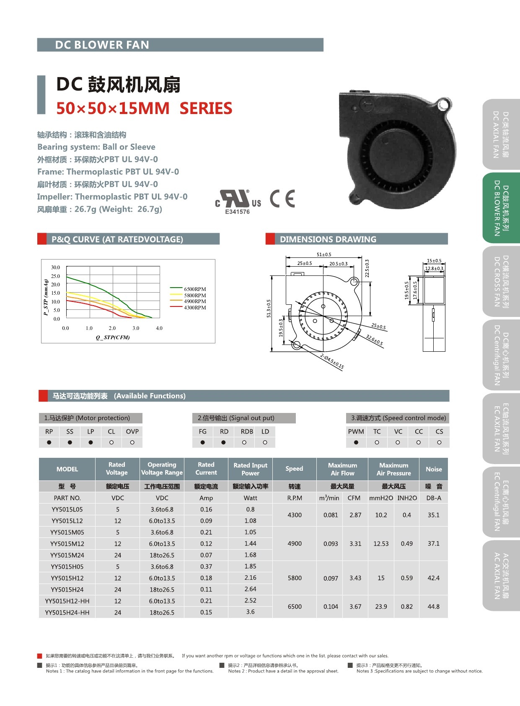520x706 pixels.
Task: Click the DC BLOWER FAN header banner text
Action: pyautogui.click(x=102, y=45)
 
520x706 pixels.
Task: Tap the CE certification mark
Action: pyautogui.click(x=282, y=199)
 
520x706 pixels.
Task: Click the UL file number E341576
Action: pyautogui.click(x=237, y=212)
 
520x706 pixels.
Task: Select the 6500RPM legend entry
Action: pyautogui.click(x=195, y=289)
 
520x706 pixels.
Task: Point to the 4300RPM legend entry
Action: pyautogui.click(x=195, y=308)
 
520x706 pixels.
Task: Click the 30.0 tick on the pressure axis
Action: pyautogui.click(x=55, y=267)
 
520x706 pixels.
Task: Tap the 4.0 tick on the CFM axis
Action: pyautogui.click(x=159, y=328)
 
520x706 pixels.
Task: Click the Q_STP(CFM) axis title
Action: pyautogui.click(x=113, y=337)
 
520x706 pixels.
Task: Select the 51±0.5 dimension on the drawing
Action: pyautogui.click(x=323, y=254)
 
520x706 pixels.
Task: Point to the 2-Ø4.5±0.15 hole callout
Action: pyautogui.click(x=332, y=361)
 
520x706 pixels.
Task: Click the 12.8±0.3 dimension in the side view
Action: pyautogui.click(x=434, y=268)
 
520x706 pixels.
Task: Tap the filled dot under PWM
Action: pyautogui.click(x=356, y=442)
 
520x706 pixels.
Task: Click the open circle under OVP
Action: pyautogui.click(x=132, y=442)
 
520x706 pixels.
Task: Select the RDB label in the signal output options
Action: pyautogui.click(x=247, y=431)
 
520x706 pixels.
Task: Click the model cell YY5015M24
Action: pyautogui.click(x=67, y=555)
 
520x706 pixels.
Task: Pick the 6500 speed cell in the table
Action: pyautogui.click(x=295, y=607)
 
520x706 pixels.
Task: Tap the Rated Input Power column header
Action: pyautogui.click(x=250, y=469)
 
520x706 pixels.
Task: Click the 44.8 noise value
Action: pyautogui.click(x=433, y=607)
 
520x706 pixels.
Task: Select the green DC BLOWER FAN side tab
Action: pyautogui.click(x=501, y=208)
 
